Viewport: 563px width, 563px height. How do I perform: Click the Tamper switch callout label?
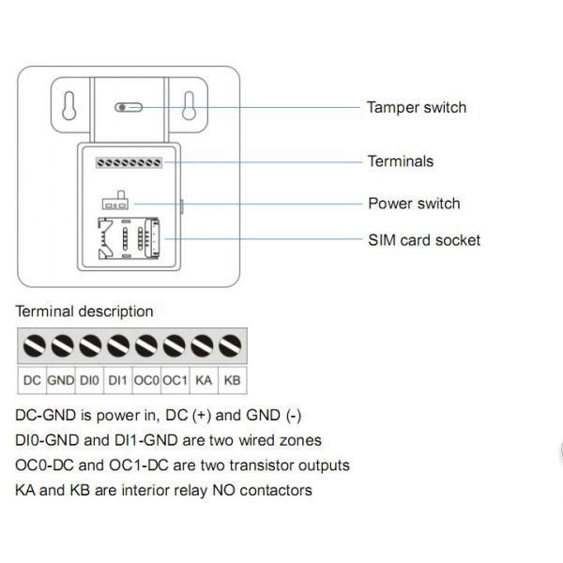coord(416,107)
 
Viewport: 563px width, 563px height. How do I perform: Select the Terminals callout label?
coord(401,161)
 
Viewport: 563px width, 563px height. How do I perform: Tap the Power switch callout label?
coord(414,204)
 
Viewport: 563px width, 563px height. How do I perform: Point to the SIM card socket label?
coord(424,240)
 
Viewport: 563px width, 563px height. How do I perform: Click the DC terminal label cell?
coord(32,380)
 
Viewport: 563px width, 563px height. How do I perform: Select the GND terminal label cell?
coord(60,380)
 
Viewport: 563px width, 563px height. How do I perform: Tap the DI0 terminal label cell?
coord(88,380)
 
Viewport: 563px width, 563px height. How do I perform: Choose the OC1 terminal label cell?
coord(175,380)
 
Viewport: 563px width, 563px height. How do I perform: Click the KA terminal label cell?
coord(204,380)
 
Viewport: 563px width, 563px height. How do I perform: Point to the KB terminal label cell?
coord(233,380)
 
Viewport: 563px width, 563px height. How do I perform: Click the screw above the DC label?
coord(33,347)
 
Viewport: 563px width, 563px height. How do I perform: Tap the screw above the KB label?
coord(231,347)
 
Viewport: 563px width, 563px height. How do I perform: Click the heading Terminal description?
coord(84,312)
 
